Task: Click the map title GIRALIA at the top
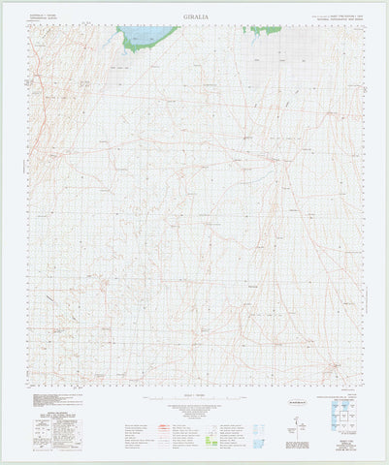pos(195,16)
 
